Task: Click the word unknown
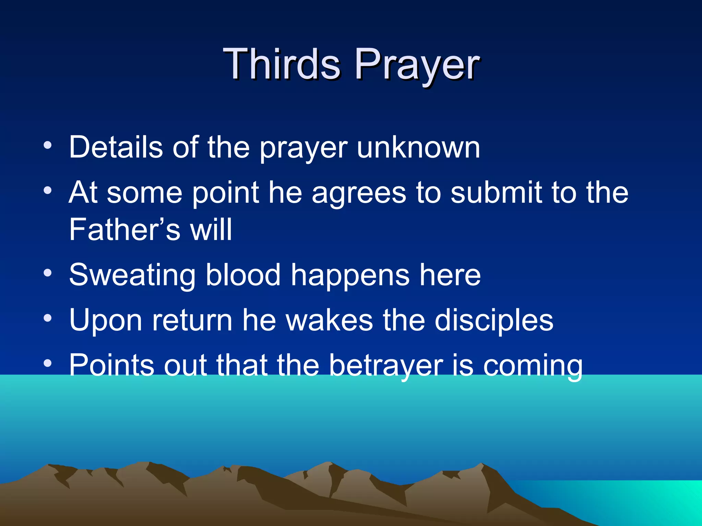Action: tap(419, 148)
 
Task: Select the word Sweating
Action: tap(132, 276)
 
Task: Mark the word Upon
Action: tap(106, 321)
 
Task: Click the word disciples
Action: tap(494, 321)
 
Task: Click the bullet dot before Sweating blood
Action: tap(48, 273)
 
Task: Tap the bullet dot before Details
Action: tap(48, 145)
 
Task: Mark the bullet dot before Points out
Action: tap(48, 363)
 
